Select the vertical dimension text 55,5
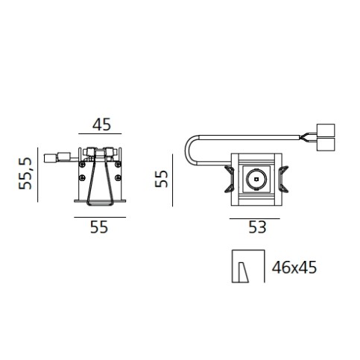pos(25,174)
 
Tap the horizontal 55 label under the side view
pos(98,228)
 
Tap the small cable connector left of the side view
pos(51,157)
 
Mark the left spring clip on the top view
pos(227,180)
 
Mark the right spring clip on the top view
pos(284,180)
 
